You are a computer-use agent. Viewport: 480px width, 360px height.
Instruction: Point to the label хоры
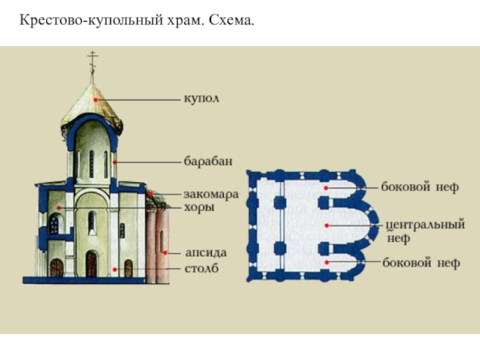(x=199, y=207)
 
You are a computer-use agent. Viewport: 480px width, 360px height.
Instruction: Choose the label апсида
(x=202, y=252)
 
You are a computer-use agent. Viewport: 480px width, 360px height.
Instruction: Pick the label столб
(x=201, y=268)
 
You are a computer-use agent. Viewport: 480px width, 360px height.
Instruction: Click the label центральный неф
(x=425, y=232)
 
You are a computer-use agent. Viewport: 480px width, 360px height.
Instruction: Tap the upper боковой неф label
(x=420, y=187)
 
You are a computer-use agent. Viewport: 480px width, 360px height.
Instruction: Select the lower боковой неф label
(x=420, y=262)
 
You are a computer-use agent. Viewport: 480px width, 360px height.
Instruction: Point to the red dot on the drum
(x=113, y=161)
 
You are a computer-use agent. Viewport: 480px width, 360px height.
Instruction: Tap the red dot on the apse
(x=170, y=253)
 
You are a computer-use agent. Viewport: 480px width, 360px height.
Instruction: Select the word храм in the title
(x=187, y=22)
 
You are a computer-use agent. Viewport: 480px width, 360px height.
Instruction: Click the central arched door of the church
(x=91, y=263)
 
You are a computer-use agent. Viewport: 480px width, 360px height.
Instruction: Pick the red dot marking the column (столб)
(x=113, y=268)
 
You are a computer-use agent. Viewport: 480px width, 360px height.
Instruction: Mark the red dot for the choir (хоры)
(x=58, y=207)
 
